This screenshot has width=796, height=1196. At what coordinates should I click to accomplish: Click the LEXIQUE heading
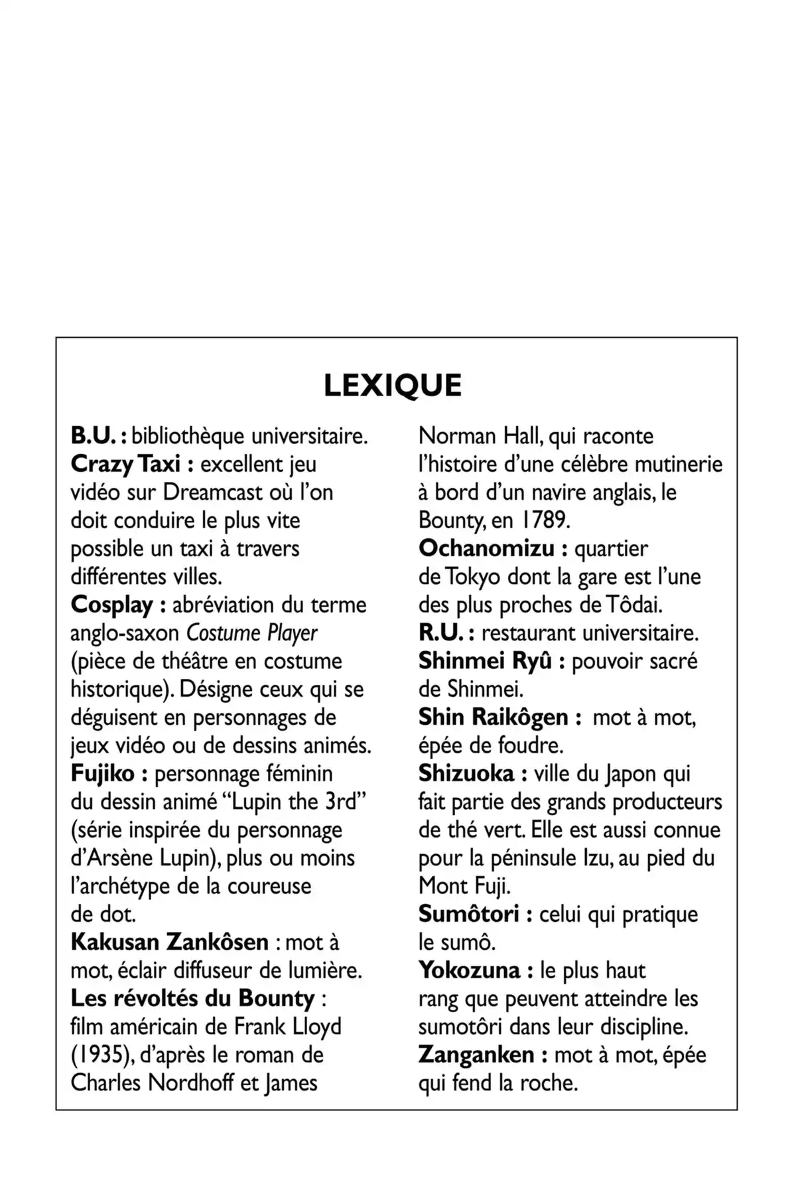pos(393,386)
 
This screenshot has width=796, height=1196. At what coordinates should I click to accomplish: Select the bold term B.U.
pos(94,436)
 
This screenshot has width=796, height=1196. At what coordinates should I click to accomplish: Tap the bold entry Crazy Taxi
pos(125,464)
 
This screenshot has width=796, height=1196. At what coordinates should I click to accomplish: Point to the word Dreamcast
pos(213,492)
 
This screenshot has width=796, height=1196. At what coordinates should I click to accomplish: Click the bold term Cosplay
pos(111,605)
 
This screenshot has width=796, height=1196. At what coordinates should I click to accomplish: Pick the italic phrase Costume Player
pos(251,633)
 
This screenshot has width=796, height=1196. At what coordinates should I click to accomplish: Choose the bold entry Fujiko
pos(102,773)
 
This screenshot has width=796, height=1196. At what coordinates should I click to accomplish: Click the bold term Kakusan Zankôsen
pos(169,942)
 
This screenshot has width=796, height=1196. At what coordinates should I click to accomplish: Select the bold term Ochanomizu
pos(486,549)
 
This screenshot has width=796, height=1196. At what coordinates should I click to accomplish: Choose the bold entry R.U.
pos(440,633)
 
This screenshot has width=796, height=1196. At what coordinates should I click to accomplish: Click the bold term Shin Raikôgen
pos(493,717)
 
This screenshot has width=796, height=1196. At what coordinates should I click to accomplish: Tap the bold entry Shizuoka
pos(466,773)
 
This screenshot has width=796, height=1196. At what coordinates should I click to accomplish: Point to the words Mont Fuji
pos(464,886)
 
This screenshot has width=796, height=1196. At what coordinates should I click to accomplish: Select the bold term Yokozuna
pos(469,970)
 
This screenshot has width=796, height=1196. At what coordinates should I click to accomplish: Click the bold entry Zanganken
pos(476,1055)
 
